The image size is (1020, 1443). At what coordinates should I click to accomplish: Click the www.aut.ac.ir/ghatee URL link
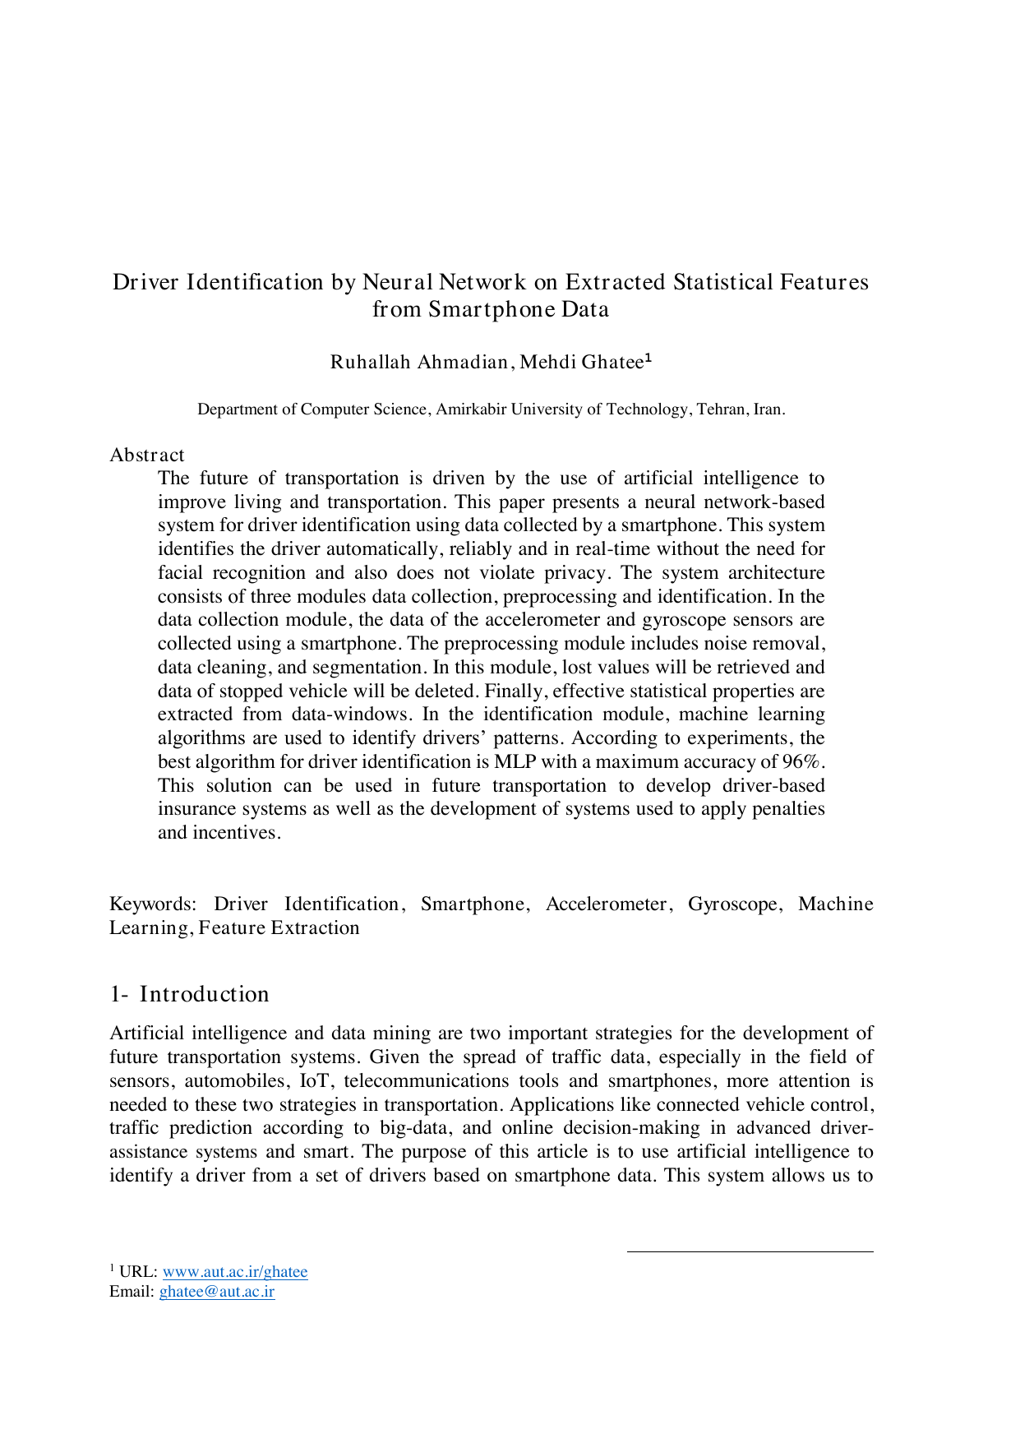[235, 1271]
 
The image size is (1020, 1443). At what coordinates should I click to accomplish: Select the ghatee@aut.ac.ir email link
[217, 1291]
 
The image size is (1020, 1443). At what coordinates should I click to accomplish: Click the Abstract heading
[147, 455]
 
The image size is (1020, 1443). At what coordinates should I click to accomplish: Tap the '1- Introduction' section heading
[190, 994]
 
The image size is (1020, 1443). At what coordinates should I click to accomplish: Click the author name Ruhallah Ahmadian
[419, 362]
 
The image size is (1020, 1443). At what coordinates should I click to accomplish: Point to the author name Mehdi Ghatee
[580, 362]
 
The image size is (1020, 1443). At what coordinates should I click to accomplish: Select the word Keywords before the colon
[152, 904]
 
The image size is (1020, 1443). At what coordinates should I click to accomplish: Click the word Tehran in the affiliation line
[721, 409]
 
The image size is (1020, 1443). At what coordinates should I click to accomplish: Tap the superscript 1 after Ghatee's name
[648, 358]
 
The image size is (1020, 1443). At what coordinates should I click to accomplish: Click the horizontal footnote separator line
[750, 1251]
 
